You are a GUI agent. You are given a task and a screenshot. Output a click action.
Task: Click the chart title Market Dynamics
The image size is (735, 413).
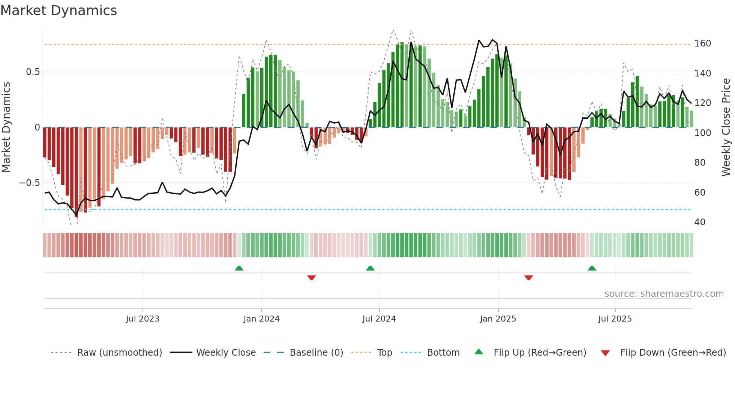[x=58, y=10]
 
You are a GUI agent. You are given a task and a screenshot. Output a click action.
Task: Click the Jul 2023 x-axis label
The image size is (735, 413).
[x=142, y=319]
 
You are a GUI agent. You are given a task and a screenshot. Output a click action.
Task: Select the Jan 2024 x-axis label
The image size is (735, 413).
[x=261, y=319]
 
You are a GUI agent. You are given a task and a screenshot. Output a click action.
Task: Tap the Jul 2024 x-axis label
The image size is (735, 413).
[x=379, y=319]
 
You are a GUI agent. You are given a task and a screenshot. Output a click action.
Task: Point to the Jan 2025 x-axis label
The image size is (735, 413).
[x=498, y=319]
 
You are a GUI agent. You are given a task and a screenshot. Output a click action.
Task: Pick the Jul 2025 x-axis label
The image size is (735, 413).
[x=615, y=319]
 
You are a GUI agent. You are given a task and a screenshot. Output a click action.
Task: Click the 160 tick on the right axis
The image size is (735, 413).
[x=702, y=43]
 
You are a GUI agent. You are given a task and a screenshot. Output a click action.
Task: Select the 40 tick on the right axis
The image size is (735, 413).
[x=700, y=222]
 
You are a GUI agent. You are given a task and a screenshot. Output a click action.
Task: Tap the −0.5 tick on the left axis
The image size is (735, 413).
[x=29, y=183]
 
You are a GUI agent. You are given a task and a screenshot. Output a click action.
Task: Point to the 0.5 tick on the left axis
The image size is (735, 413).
[x=33, y=72]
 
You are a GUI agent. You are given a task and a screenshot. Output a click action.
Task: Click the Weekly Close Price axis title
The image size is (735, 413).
[x=726, y=127]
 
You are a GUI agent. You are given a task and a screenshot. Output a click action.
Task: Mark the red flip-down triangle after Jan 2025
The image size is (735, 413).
[x=529, y=278]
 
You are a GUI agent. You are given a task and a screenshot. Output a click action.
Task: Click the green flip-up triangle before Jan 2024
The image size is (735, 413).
[x=239, y=268]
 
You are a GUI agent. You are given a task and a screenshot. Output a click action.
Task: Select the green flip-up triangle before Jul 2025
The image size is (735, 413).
[x=592, y=268]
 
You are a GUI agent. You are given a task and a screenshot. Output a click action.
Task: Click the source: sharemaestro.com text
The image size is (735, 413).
[x=664, y=294]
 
